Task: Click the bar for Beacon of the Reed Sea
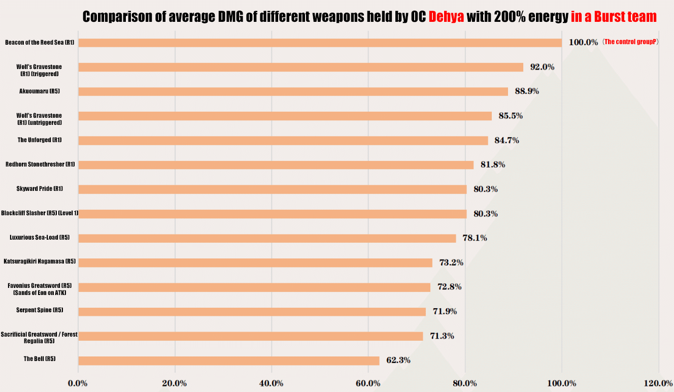(x=320, y=43)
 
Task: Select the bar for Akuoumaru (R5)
(x=293, y=91)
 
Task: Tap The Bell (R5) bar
(x=228, y=361)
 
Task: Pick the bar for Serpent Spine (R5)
(x=252, y=311)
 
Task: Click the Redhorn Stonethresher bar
(x=276, y=165)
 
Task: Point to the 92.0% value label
(x=542, y=67)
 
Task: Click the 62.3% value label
(x=398, y=361)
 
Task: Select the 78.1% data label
(x=475, y=238)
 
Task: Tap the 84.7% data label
(x=507, y=140)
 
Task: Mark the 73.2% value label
(x=451, y=263)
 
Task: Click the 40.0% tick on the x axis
(x=271, y=383)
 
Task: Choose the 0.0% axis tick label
(x=78, y=383)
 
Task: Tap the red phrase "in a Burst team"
(x=614, y=17)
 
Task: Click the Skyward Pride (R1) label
(x=40, y=189)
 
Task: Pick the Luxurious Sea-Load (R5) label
(x=40, y=238)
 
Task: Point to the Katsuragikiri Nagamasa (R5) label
(x=40, y=262)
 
